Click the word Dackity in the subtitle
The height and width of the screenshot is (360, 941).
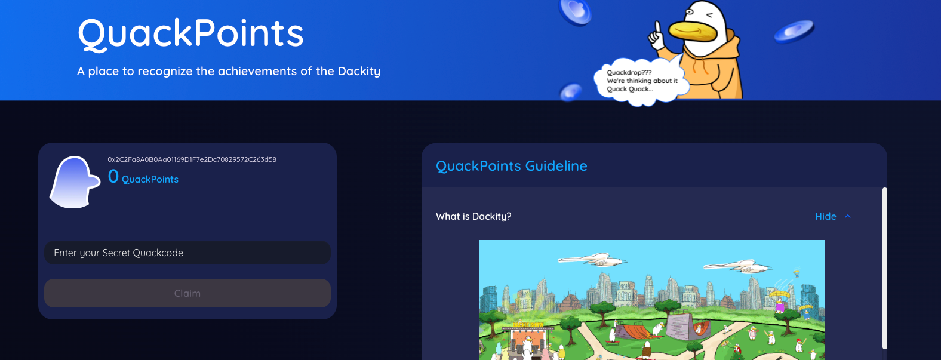tap(359, 72)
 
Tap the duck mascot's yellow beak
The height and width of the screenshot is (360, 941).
tap(693, 32)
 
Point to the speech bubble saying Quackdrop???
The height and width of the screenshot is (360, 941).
tap(641, 81)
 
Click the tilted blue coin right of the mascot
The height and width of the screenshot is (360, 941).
tap(794, 32)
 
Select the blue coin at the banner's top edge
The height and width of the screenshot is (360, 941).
tap(576, 11)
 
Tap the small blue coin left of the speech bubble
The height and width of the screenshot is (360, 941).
tap(571, 93)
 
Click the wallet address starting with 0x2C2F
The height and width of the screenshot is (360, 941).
tap(192, 159)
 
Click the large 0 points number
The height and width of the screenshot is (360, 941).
tap(113, 177)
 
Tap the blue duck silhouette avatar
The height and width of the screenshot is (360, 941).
tap(75, 182)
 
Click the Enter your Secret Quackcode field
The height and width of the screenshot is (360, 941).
tap(187, 253)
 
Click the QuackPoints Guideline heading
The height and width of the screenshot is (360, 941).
tap(511, 166)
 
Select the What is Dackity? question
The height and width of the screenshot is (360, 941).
tap(473, 216)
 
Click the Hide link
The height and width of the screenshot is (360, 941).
tap(826, 216)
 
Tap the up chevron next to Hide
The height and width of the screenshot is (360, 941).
tap(848, 216)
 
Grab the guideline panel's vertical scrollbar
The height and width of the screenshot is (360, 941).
tap(885, 268)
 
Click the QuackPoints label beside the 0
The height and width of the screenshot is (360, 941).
tap(150, 179)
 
